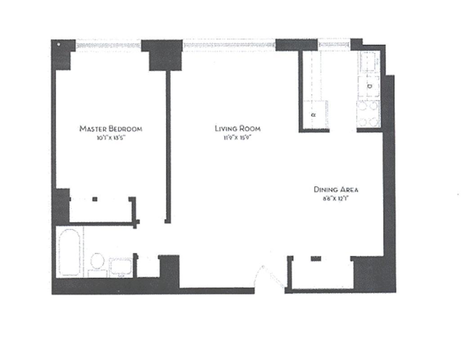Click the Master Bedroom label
coord(111,129)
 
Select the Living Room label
coord(237,129)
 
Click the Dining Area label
coord(336,189)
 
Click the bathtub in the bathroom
coord(70,252)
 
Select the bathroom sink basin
coord(121,267)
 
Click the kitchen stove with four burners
coord(368,114)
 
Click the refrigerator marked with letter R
coord(314,115)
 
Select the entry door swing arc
coord(270,275)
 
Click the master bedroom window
coord(108,44)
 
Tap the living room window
coord(229,44)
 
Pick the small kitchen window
coord(334,44)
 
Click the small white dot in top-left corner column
coord(58,44)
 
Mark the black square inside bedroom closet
coord(94,199)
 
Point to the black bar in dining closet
coord(316,258)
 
